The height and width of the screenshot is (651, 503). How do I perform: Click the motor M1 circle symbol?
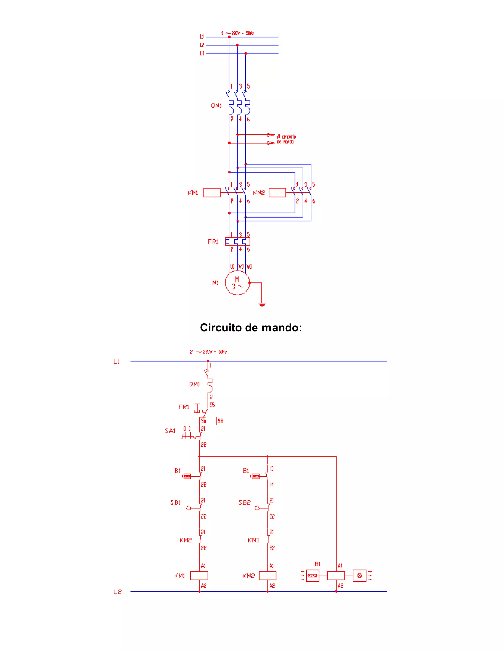click(x=237, y=283)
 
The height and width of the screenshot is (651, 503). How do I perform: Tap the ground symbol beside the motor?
click(x=262, y=304)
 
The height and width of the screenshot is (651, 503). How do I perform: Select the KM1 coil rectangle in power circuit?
click(x=212, y=193)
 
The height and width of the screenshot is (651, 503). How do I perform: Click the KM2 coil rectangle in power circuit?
click(x=277, y=193)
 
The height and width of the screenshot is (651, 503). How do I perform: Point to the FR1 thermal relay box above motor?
click(x=238, y=241)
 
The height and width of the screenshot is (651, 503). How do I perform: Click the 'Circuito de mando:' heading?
click(x=251, y=327)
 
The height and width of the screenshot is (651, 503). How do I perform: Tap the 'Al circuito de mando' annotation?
click(x=286, y=139)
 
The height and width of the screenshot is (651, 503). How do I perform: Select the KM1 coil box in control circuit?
click(x=199, y=576)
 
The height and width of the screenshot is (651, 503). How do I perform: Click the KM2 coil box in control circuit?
click(x=268, y=576)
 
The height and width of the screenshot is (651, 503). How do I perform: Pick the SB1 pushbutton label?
click(x=176, y=503)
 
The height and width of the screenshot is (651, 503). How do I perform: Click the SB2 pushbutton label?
click(x=244, y=503)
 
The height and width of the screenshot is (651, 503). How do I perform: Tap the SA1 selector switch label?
click(x=170, y=431)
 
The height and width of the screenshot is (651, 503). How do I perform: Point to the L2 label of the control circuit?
click(x=117, y=592)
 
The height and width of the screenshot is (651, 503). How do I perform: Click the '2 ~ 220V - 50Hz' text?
click(x=208, y=352)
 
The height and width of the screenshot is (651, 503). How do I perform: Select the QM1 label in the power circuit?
click(x=216, y=106)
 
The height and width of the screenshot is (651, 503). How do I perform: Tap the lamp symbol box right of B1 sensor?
click(x=359, y=576)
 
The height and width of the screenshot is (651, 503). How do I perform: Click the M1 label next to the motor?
click(x=215, y=283)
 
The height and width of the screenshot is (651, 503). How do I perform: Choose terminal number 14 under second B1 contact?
click(x=271, y=484)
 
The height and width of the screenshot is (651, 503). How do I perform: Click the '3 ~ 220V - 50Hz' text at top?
click(x=238, y=33)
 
